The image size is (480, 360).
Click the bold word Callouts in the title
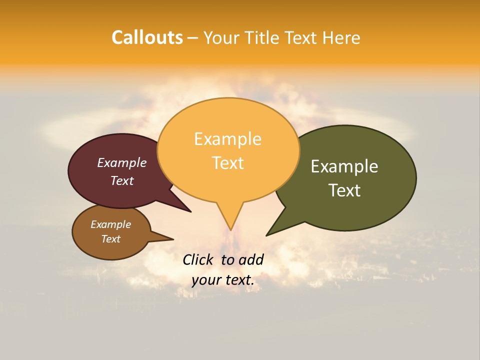click(x=147, y=37)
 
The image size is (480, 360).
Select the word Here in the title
click(x=341, y=37)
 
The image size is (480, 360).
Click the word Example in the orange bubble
click(x=227, y=139)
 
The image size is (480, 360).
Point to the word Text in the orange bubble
click(x=228, y=163)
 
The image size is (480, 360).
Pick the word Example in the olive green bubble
click(x=344, y=166)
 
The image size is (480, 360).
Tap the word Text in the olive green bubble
click(x=344, y=190)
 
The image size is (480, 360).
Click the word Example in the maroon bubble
click(x=122, y=162)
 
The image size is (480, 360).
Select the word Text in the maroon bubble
click(x=122, y=180)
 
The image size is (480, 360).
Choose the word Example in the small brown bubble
click(x=111, y=224)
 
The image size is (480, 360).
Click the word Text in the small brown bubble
click(x=111, y=239)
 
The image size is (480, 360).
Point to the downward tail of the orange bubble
click(x=230, y=220)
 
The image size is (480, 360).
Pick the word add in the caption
click(x=251, y=259)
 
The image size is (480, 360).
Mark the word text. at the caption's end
click(x=239, y=280)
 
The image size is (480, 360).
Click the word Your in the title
click(x=221, y=37)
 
